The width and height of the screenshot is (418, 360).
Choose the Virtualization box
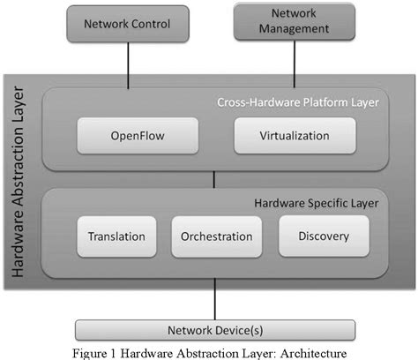[x=295, y=137]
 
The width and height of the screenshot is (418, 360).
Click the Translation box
[x=116, y=236]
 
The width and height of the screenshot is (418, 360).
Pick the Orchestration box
[x=216, y=236]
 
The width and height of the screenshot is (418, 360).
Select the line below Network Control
[x=128, y=63]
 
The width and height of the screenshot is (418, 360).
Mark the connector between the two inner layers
[x=213, y=180]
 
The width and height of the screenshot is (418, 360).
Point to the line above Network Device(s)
[x=213, y=300]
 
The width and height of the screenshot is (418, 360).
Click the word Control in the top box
[x=151, y=23]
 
